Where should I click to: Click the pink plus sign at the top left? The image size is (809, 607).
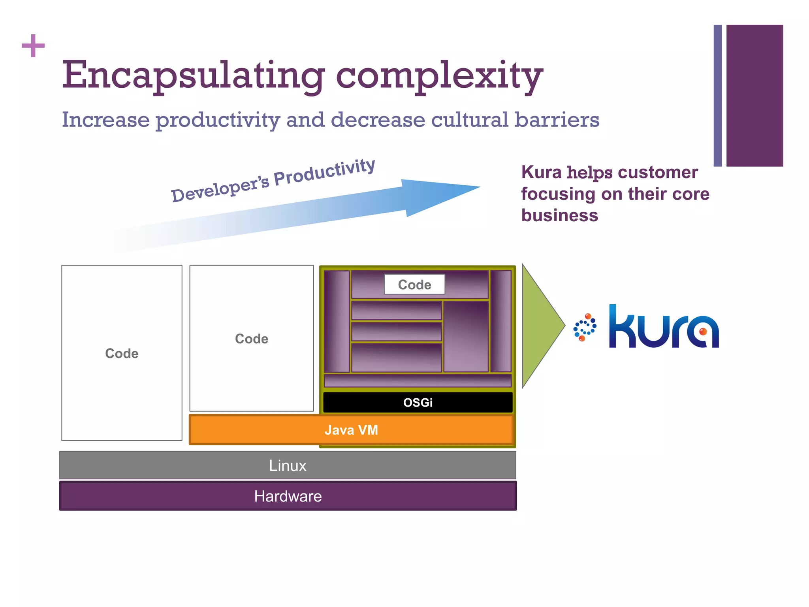pos(33,46)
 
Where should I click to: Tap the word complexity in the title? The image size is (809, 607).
pos(439,75)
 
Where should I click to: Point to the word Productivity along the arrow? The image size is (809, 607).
pos(324,173)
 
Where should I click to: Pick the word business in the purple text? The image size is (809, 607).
pos(559,216)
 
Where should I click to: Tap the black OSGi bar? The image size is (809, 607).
pos(418,402)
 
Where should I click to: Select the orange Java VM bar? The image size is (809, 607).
pos(351,430)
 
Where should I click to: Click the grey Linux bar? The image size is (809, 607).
pos(288,466)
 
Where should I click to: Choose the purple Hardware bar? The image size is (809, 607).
pos(288,496)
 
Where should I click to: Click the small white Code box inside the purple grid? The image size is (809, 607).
pos(414,285)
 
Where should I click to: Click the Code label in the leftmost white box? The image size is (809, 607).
pos(122,353)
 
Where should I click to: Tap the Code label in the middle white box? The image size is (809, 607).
pos(252,339)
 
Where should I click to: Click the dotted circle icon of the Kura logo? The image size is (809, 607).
pos(585,327)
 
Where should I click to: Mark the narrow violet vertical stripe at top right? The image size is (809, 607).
pos(718,96)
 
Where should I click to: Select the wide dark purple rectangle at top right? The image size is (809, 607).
pos(754,96)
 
